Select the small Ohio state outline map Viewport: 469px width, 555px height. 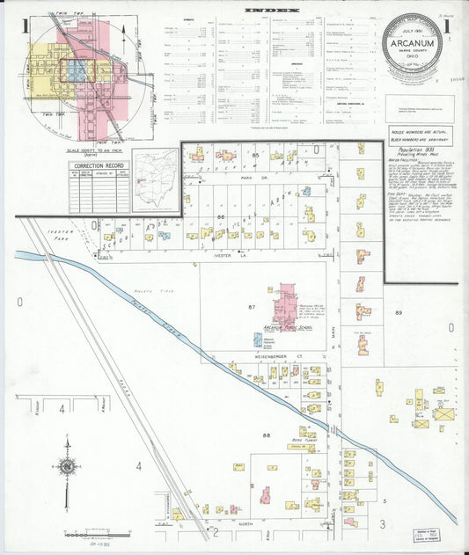click(x=155, y=179)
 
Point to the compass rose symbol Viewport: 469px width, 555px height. click(x=67, y=466)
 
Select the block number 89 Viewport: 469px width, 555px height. click(x=399, y=312)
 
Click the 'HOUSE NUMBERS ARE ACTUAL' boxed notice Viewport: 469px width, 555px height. click(x=418, y=136)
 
